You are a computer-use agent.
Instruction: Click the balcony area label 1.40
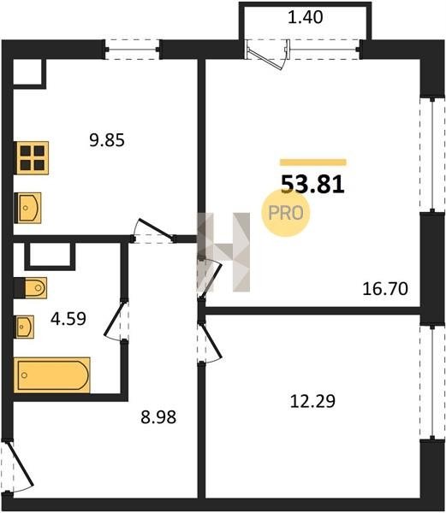[x=306, y=17]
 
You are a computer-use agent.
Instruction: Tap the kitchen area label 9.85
[x=107, y=140]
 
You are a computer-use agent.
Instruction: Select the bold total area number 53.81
[x=312, y=185]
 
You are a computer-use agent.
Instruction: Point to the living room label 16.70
[x=385, y=289]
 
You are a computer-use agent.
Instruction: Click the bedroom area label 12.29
[x=312, y=402]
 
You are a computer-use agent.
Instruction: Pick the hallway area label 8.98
[x=158, y=417]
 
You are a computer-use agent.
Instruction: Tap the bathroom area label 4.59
[x=68, y=319]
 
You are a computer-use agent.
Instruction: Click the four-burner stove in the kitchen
[x=32, y=158]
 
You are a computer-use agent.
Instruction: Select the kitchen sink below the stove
[x=27, y=208]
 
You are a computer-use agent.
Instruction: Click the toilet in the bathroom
[x=31, y=288]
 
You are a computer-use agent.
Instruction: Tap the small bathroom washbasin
[x=24, y=327]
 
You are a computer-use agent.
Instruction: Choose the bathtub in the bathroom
[x=52, y=375]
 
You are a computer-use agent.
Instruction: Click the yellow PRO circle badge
[x=286, y=213]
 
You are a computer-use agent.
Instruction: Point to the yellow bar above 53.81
[x=313, y=162]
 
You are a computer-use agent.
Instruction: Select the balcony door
[x=268, y=55]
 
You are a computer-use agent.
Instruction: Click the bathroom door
[x=116, y=321]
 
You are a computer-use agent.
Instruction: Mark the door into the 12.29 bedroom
[x=210, y=341]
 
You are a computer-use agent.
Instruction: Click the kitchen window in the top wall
[x=133, y=50]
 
